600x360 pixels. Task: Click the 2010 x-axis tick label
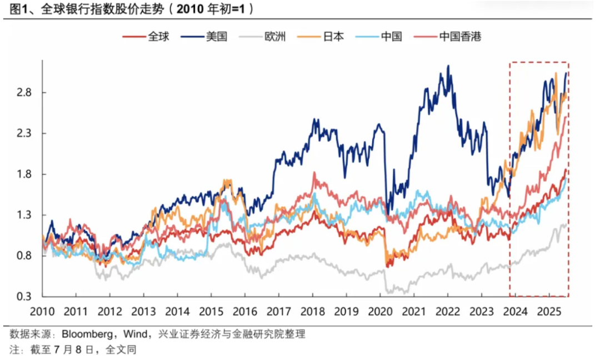coord(43,311)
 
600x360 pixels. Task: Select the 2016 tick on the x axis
coord(244,311)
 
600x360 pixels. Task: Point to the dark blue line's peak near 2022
coord(448,66)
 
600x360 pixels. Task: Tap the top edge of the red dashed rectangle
coord(539,62)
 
